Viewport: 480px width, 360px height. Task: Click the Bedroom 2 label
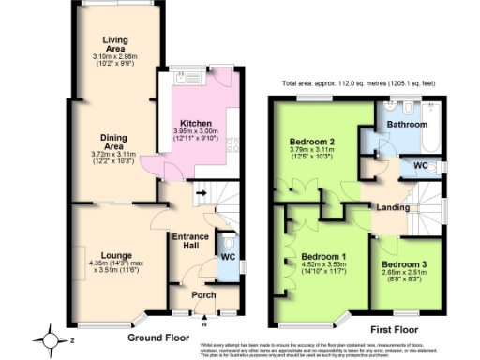[x=309, y=142]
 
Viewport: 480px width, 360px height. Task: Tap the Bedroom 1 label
[x=321, y=255]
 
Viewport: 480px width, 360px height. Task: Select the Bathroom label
[x=408, y=124]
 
